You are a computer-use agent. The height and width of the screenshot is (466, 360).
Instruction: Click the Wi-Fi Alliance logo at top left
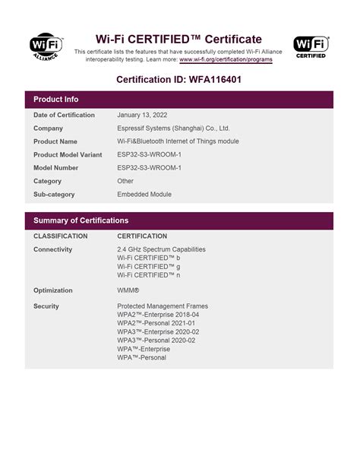click(x=46, y=48)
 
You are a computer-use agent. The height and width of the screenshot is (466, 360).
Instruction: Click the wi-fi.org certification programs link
click(x=226, y=59)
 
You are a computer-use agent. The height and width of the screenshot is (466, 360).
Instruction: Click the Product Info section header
click(x=56, y=100)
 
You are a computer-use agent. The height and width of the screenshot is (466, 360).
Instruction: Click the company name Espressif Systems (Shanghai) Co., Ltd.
click(x=173, y=128)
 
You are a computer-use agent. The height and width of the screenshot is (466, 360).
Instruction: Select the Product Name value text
click(x=178, y=141)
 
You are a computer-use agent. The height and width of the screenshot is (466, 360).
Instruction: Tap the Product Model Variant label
click(x=68, y=154)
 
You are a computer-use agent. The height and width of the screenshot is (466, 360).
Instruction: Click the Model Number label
click(x=56, y=167)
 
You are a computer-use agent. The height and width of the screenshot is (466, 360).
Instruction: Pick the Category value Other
click(x=125, y=181)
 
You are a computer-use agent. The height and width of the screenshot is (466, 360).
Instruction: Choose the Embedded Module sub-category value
click(x=144, y=194)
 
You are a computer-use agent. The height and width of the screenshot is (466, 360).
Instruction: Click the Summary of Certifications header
click(x=81, y=220)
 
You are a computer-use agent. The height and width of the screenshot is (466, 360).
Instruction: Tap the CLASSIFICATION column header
click(x=61, y=236)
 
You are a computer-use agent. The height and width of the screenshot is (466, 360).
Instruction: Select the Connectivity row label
click(x=53, y=249)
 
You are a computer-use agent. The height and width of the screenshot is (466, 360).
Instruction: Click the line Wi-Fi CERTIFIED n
click(x=149, y=276)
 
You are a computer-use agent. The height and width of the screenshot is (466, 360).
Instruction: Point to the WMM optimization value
click(x=128, y=290)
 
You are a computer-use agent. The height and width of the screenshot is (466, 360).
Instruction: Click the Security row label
click(x=46, y=306)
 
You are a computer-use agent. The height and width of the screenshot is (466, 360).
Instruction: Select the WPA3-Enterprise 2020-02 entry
click(x=158, y=332)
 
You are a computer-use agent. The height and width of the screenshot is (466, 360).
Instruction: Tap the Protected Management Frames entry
click(x=163, y=306)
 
